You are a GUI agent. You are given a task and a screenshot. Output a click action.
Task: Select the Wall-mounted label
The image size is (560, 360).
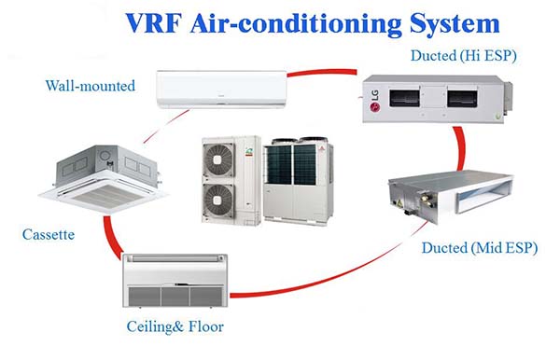click(x=91, y=86)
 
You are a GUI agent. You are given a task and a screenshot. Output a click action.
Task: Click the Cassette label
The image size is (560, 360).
click(x=49, y=234)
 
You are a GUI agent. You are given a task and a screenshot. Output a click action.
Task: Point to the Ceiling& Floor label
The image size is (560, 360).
click(x=175, y=326)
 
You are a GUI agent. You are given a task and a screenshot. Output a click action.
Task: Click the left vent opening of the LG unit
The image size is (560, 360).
click(x=413, y=93)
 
